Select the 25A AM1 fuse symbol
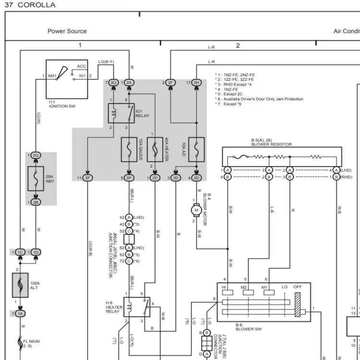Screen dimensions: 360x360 36,179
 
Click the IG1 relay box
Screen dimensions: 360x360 121,113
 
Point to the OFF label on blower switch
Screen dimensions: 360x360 298,287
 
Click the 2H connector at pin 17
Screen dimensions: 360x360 196,83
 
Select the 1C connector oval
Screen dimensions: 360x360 20,252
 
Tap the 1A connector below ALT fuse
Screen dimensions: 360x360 20,313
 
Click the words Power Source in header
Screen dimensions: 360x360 67,31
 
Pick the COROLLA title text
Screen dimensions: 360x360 36,5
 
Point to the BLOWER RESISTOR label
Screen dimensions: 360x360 271,144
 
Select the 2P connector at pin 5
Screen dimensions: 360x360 129,178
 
